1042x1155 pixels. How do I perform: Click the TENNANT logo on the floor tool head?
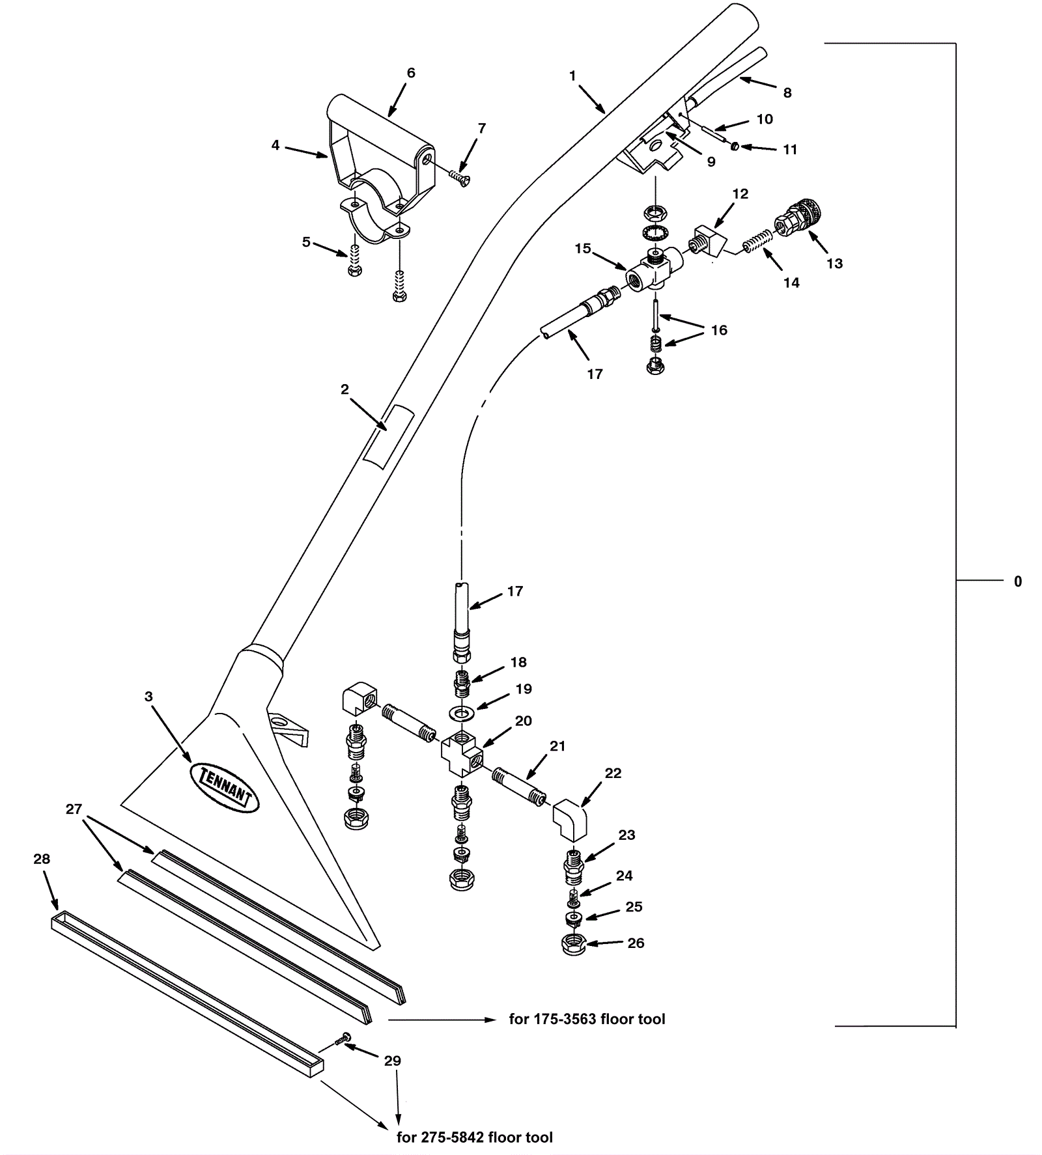pyautogui.click(x=224, y=787)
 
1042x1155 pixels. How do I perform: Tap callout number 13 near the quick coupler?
pyautogui.click(x=834, y=263)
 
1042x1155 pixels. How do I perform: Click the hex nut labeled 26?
pyautogui.click(x=573, y=945)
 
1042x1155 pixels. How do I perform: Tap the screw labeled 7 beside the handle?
pyautogui.click(x=461, y=174)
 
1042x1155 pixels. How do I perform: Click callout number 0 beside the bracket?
pyautogui.click(x=1018, y=581)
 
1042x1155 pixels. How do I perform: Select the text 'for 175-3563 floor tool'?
pyautogui.click(x=587, y=1019)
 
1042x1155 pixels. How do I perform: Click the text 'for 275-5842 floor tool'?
pyautogui.click(x=475, y=1137)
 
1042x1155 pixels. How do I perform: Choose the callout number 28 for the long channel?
pyautogui.click(x=42, y=859)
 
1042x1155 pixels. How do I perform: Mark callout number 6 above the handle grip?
pyautogui.click(x=411, y=73)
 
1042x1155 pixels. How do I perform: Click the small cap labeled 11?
pyautogui.click(x=735, y=146)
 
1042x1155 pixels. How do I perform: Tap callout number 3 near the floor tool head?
pyautogui.click(x=148, y=697)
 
